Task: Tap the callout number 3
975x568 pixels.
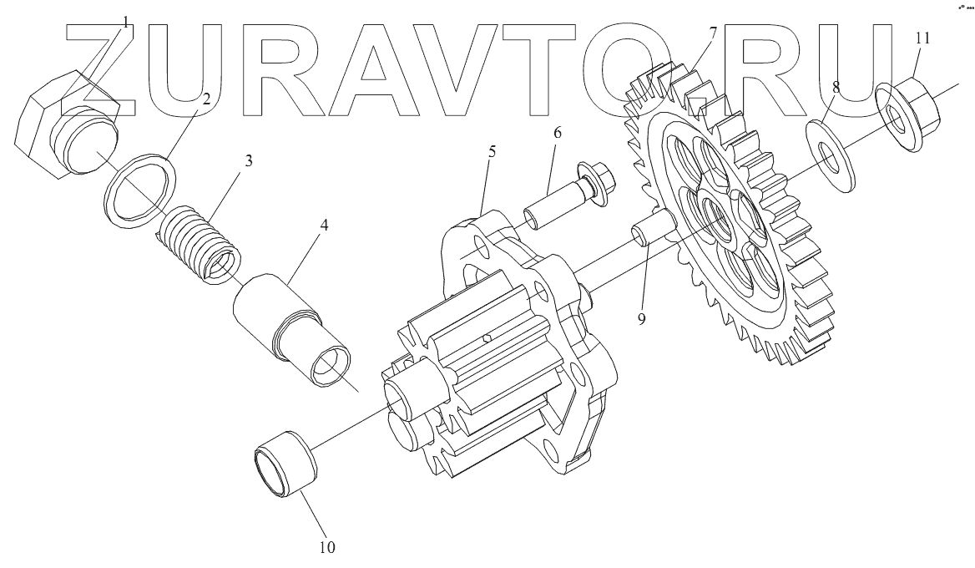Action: (248, 161)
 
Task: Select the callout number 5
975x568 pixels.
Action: (493, 152)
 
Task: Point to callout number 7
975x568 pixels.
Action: (713, 33)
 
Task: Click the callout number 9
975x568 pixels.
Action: (641, 319)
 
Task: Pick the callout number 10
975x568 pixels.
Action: (326, 548)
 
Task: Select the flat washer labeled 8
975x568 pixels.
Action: (831, 159)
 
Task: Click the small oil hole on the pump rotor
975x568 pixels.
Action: (487, 339)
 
